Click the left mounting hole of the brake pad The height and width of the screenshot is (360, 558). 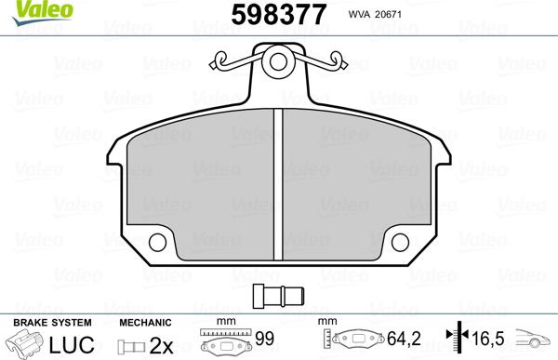(155, 244)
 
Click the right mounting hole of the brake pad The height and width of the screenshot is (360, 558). (401, 244)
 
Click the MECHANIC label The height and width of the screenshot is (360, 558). (144, 322)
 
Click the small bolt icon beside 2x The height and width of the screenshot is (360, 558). (132, 345)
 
